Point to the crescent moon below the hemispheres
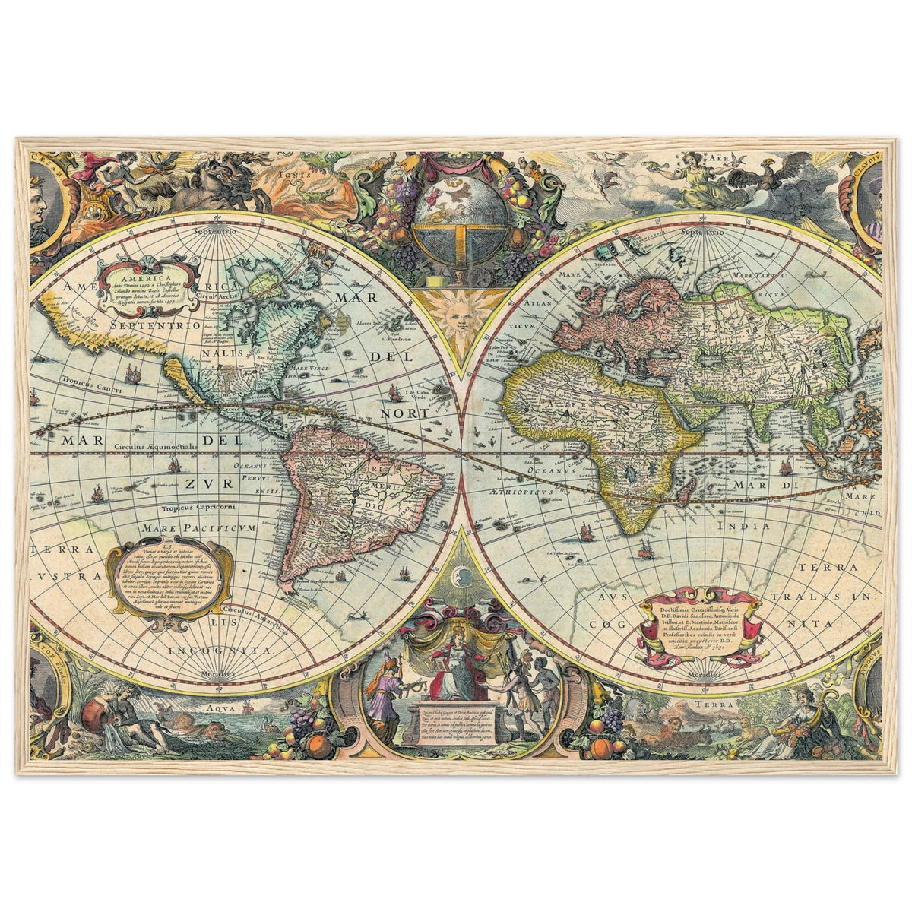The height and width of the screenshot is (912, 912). point(461,576)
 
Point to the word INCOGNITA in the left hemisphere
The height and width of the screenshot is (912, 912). point(220,651)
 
